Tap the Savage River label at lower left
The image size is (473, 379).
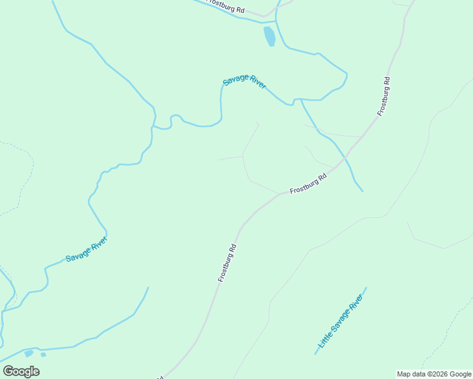(87, 250)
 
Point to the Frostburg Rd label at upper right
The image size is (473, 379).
(384, 96)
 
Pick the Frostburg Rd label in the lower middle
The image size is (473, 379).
(227, 263)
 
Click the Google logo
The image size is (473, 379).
(21, 371)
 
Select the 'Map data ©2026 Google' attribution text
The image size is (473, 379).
(434, 374)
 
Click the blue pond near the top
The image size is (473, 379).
(269, 35)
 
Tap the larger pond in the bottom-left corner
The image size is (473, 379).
(28, 353)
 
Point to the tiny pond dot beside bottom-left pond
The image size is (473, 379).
(43, 354)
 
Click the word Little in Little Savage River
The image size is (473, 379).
(324, 340)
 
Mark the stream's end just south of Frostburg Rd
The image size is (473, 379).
(362, 191)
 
